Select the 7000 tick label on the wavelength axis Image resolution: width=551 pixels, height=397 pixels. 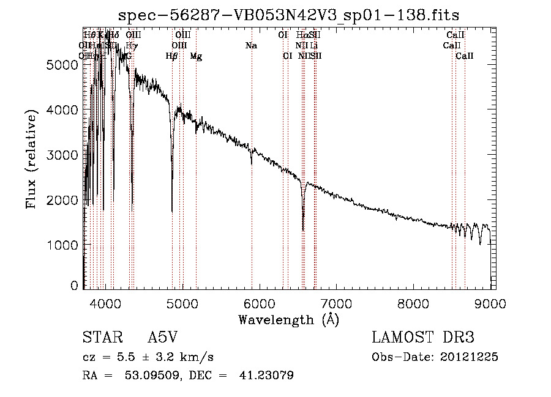click(336, 302)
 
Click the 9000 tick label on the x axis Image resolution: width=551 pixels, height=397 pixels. click(490, 302)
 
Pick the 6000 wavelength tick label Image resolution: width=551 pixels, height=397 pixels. click(259, 302)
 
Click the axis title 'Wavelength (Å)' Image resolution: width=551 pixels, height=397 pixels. click(288, 319)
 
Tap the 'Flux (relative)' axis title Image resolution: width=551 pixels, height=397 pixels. click(31, 157)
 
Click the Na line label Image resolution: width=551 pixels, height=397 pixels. click(251, 46)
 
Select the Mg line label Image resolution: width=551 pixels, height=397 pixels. click(196, 56)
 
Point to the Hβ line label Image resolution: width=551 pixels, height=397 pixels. click(172, 56)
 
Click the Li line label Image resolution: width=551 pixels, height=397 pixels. click(313, 46)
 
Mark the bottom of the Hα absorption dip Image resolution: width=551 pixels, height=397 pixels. click(303, 230)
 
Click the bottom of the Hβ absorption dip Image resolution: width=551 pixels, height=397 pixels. click(172, 211)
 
